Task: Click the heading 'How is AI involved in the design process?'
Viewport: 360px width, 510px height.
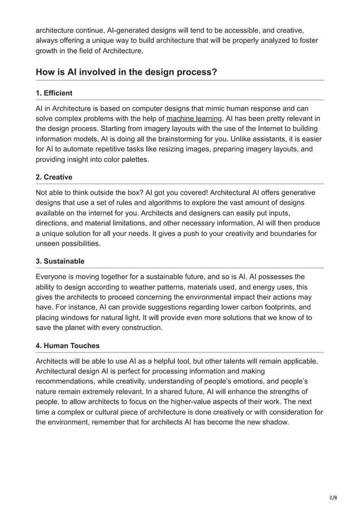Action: pos(126,72)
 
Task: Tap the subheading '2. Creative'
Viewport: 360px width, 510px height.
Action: pos(54,177)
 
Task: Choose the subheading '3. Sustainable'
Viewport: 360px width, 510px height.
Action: pos(60,261)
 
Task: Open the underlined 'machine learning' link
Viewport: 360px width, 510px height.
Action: pos(194,119)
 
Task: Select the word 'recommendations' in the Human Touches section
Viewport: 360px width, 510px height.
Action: pos(65,381)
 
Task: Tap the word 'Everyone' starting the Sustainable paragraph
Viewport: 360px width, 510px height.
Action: pos(53,276)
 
